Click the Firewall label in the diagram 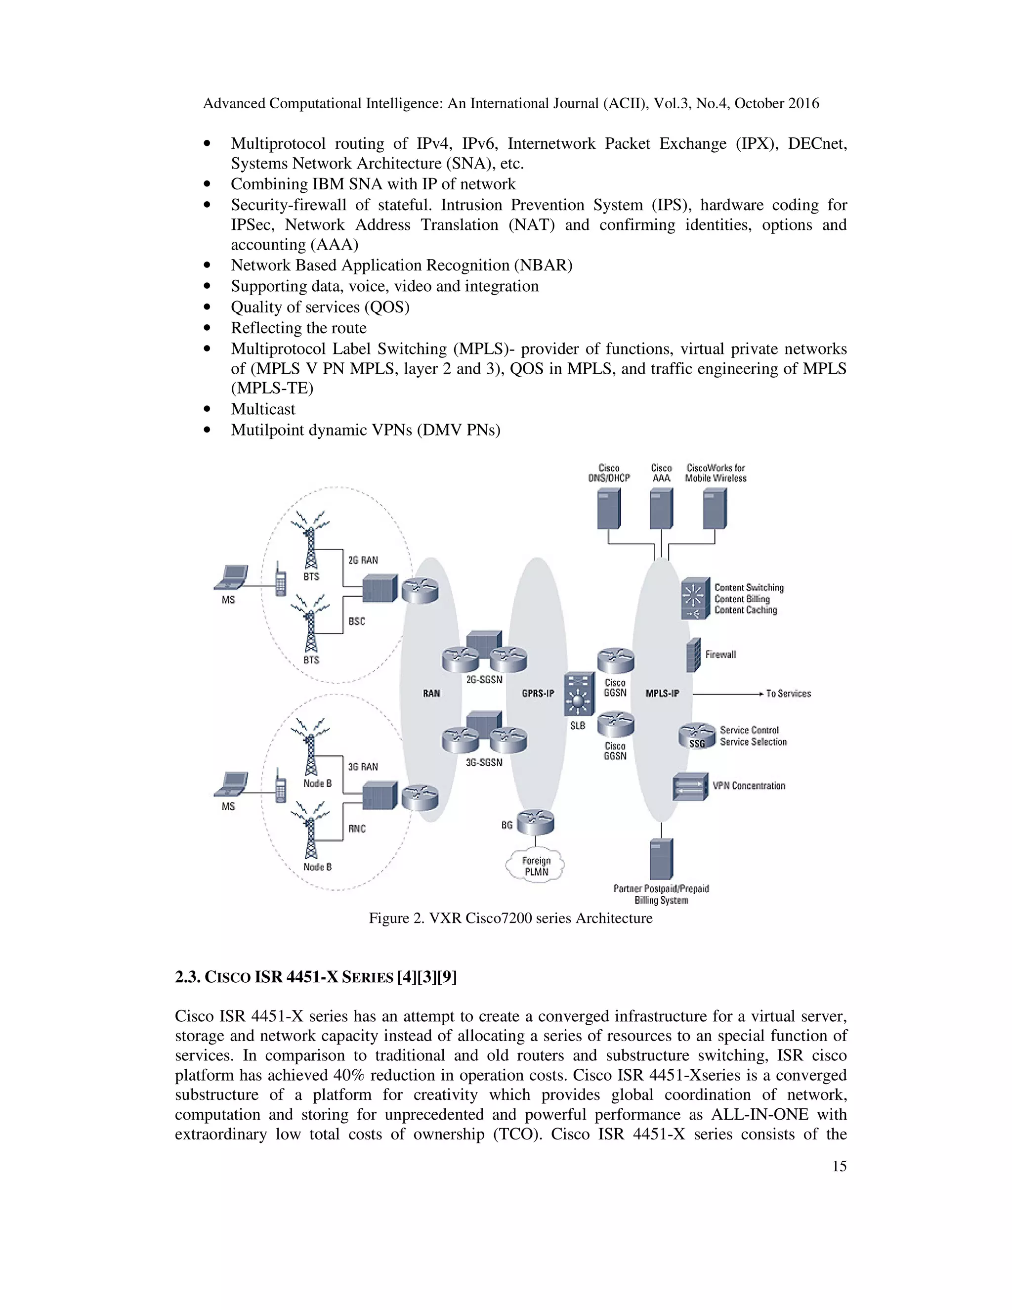pyautogui.click(x=720, y=655)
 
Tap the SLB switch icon pyautogui.click(x=579, y=694)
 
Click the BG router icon pyautogui.click(x=535, y=822)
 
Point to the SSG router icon pyautogui.click(x=697, y=736)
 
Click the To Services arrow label pyautogui.click(x=788, y=694)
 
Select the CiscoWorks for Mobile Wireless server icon pyautogui.click(x=715, y=508)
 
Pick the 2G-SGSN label pyautogui.click(x=484, y=680)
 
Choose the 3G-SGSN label pyautogui.click(x=484, y=762)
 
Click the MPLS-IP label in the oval pyautogui.click(x=662, y=694)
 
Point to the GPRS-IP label pyautogui.click(x=538, y=694)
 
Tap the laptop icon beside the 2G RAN pyautogui.click(x=231, y=577)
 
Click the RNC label pyautogui.click(x=357, y=829)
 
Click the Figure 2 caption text pyautogui.click(x=510, y=918)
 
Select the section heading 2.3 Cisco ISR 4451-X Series pyautogui.click(x=315, y=977)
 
